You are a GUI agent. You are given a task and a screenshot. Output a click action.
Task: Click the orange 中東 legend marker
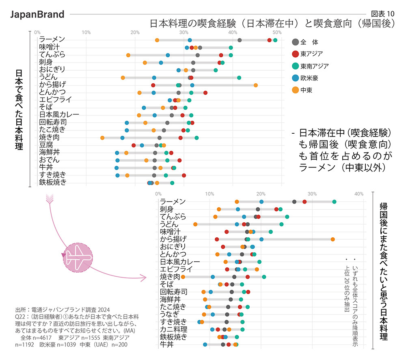pos(296,90)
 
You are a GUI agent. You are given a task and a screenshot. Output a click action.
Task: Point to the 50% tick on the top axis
pos(277,32)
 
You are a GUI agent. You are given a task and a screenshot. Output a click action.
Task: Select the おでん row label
pos(49,160)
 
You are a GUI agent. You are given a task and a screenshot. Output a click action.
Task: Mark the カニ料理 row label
pos(173,329)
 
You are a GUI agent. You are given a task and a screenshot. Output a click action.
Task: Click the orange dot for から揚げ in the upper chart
pos(255,85)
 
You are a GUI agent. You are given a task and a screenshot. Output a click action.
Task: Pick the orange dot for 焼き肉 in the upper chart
pos(102,138)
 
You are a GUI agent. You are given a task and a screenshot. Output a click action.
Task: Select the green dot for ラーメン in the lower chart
pos(334,202)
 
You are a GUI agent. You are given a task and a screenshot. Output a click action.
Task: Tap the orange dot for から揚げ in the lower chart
pos(333,239)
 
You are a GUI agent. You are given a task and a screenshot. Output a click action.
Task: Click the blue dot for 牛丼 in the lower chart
pos(205,345)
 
